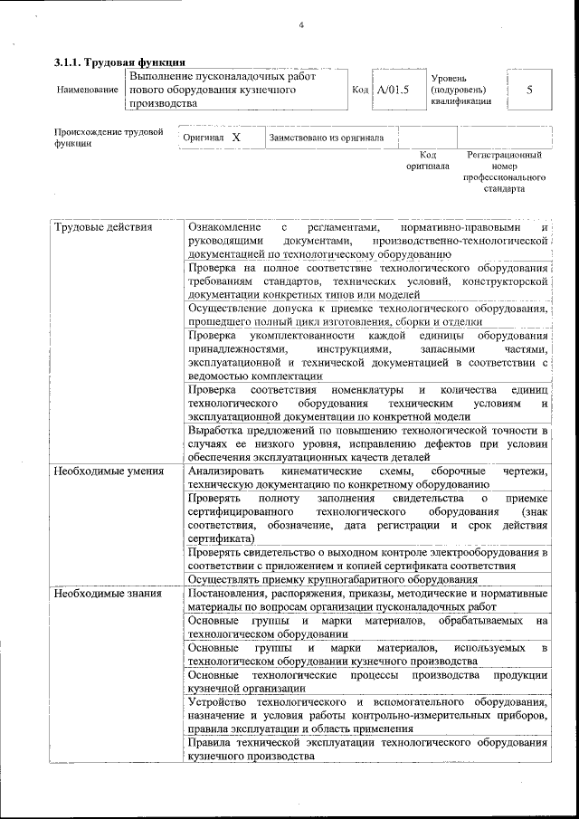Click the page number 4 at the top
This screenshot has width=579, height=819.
coord(299,24)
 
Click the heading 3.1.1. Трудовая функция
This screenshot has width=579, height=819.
coord(119,62)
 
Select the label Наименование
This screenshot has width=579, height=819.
coord(87,91)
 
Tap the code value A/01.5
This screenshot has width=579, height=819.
coord(394,90)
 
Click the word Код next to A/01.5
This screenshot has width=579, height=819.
coord(360,90)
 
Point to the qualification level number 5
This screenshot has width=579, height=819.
coord(529,90)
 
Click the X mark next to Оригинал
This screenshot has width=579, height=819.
coord(236,138)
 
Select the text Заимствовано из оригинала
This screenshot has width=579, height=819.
coord(326,138)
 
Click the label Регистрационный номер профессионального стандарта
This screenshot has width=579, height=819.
coord(504,173)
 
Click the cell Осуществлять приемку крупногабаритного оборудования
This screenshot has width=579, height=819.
coord(332,579)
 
